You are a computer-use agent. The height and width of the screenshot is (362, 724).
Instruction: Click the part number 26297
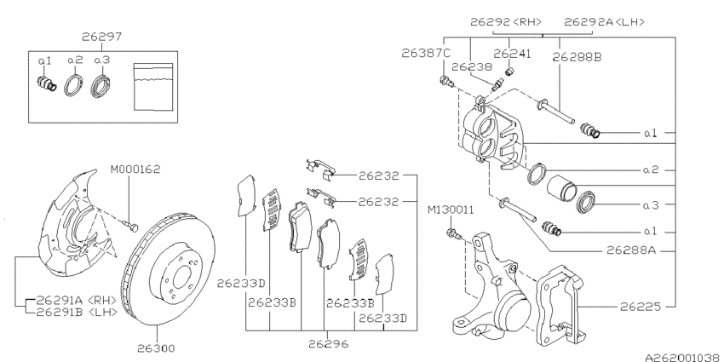click(101, 37)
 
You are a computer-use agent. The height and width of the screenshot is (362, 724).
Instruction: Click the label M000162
click(134, 168)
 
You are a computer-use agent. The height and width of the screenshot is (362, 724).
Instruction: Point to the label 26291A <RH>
click(71, 300)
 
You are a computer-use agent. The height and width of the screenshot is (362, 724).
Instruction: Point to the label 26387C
click(426, 53)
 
